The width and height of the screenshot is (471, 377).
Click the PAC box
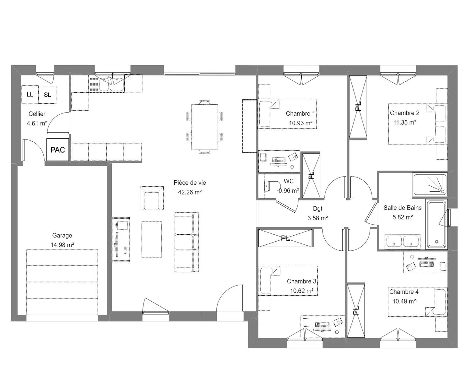[x=57, y=150]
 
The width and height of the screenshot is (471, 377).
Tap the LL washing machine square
[x=30, y=95]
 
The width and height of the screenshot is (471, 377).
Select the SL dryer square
[x=47, y=95]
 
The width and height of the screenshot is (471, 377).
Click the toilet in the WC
[x=273, y=186]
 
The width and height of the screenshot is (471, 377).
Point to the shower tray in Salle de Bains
[x=430, y=184]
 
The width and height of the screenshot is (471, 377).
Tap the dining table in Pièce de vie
[x=205, y=127]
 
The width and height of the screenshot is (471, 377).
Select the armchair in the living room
[x=152, y=198]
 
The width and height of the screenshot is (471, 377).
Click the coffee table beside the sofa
[x=151, y=239]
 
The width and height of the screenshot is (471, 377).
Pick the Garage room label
[x=62, y=236]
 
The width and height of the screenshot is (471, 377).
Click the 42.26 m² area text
[x=190, y=192]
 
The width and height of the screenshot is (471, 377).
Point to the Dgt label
[x=317, y=209]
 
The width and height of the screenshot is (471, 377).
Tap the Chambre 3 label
[x=301, y=281]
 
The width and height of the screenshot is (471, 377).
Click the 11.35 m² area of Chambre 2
[x=404, y=123]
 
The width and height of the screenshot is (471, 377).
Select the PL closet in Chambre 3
[x=285, y=238]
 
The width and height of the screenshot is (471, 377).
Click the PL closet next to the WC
[x=311, y=176]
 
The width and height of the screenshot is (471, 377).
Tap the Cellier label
[x=37, y=114]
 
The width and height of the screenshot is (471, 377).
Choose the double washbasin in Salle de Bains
[x=403, y=242]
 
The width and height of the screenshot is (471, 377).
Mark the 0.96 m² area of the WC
[x=289, y=191]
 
